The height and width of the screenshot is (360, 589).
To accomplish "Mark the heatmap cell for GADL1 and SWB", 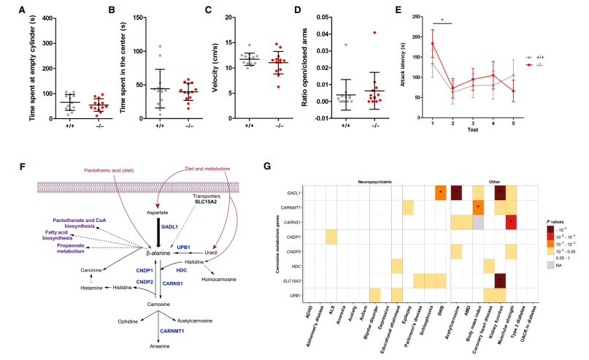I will click(x=440, y=193).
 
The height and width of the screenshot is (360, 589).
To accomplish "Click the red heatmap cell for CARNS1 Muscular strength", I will click(x=512, y=221).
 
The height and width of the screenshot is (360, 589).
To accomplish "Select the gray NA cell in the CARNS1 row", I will click(x=476, y=221).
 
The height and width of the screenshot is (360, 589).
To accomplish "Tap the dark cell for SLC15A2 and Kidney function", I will click(x=500, y=278).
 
